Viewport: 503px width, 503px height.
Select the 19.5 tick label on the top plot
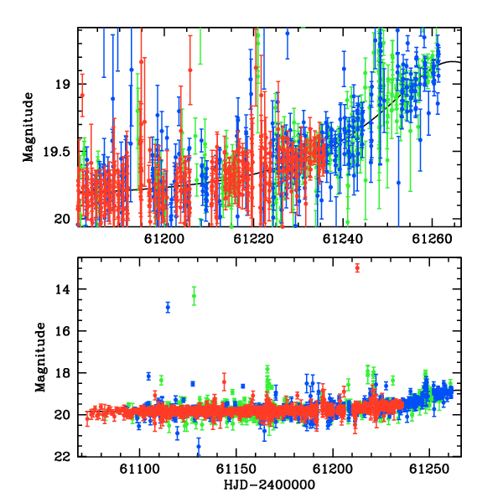click(x=56, y=152)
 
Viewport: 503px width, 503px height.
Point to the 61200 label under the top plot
click(x=164, y=239)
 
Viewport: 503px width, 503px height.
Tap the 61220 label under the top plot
click(x=253, y=239)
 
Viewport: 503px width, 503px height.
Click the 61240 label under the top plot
click(x=343, y=239)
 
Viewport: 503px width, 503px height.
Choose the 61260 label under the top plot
click(x=432, y=239)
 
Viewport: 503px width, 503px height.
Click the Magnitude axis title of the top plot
click(x=29, y=127)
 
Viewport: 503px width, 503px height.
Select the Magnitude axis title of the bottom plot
click(x=40, y=357)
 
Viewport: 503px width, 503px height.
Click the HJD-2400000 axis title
click(x=269, y=485)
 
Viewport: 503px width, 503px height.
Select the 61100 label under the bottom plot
click(x=139, y=469)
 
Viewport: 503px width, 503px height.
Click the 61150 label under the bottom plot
click(x=236, y=469)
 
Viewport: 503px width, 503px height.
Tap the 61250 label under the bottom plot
click(x=429, y=469)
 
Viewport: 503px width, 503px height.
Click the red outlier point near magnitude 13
click(x=357, y=268)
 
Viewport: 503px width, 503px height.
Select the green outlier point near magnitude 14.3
click(x=194, y=296)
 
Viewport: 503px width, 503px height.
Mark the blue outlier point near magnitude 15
click(x=168, y=308)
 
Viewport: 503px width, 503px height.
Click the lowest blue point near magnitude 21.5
click(x=199, y=446)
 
